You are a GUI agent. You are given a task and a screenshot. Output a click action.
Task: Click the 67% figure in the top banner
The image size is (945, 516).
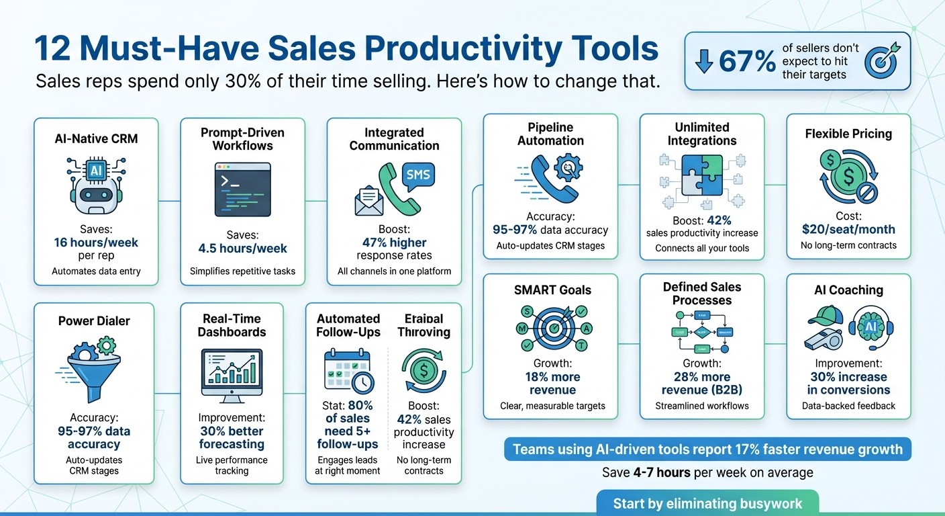pos(746,61)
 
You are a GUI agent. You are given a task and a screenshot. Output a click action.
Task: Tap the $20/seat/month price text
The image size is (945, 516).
pos(848,229)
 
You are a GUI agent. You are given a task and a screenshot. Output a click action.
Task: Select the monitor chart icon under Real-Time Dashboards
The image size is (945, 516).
pos(232,376)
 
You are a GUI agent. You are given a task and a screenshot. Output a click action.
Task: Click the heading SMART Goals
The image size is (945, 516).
pos(553,290)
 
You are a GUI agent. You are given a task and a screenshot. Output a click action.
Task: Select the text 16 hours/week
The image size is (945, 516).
pos(96,243)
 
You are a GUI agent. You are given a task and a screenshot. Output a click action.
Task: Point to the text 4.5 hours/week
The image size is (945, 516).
pos(242,248)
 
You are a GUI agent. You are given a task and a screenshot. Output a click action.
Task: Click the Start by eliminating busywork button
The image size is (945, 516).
pos(707,503)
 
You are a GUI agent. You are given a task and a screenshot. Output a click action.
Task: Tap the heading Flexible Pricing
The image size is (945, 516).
pos(848,134)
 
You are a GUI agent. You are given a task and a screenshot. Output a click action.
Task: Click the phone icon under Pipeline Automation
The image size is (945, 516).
pos(551,179)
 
